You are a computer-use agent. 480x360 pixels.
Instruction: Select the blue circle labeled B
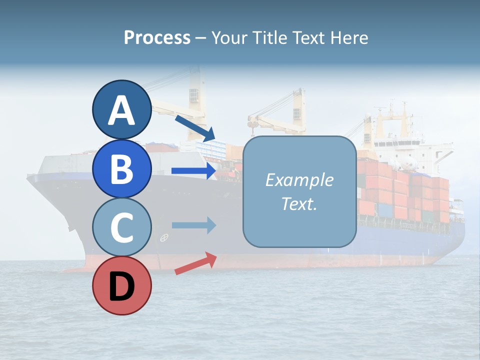point(121,168)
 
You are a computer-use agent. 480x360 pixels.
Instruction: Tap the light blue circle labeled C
point(121,227)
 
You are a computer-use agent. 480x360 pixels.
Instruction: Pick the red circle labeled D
point(121,286)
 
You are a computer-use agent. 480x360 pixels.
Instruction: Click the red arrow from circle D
point(195,263)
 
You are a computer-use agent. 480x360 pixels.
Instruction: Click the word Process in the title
point(157,37)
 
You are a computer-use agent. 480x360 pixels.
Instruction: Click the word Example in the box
point(299,180)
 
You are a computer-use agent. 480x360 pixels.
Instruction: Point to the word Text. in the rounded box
point(299,204)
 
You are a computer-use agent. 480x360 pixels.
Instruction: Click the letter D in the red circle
point(121,287)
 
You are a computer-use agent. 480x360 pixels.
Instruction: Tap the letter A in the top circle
point(121,111)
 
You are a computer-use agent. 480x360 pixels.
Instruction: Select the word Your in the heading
point(230,37)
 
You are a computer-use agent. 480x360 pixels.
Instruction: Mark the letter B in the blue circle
point(121,169)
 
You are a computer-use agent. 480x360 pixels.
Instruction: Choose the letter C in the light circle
point(121,228)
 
